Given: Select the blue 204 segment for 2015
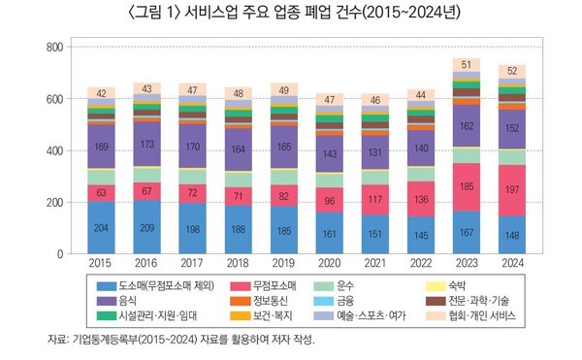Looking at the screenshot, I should pyautogui.click(x=100, y=228).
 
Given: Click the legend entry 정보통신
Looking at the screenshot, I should pyautogui.click(x=263, y=302).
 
